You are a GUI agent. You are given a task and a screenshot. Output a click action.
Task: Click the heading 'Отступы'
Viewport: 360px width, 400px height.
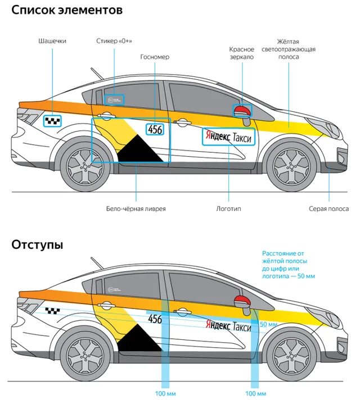pos(37,245)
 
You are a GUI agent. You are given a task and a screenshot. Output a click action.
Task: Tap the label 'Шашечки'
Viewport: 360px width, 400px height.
pos(52,42)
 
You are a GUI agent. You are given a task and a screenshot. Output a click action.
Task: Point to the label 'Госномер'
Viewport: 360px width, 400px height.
pos(155,57)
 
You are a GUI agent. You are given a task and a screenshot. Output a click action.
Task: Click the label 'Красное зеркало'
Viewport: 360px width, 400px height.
pos(242,53)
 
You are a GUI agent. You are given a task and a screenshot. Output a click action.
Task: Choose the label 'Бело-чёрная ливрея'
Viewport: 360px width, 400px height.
pos(136,209)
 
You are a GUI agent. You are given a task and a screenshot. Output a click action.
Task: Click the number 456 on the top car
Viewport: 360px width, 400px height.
pos(155,129)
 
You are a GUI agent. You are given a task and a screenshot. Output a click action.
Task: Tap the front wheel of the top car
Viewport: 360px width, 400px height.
pos(289,166)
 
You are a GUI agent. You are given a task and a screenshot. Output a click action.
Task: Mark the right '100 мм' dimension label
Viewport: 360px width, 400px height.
pos(255,393)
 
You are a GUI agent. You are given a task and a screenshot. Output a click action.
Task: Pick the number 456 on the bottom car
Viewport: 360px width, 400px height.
pos(155,319)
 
